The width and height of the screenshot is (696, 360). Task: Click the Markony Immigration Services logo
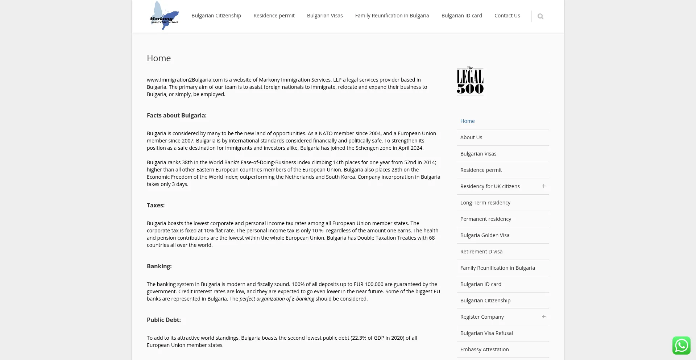pos(164,16)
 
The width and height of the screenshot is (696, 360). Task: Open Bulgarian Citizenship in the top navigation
pos(216,16)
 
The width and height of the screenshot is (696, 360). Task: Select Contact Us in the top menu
pos(507,16)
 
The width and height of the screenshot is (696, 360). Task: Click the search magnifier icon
pos(540,16)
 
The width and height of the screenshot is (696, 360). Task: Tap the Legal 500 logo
pos(470,81)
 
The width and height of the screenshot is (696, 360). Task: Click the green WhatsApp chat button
pos(681,345)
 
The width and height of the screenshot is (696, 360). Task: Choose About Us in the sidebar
pos(471,137)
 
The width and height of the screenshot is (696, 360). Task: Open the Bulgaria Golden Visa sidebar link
pos(485,235)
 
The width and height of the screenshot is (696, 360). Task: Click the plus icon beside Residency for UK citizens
pos(543,186)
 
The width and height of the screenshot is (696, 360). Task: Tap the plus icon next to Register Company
pos(543,316)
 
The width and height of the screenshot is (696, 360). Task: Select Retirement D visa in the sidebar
pos(481,252)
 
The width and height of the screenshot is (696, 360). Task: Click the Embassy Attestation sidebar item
pos(484,349)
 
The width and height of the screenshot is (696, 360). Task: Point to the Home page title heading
pos(159,58)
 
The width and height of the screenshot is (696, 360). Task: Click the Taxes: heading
pos(156,205)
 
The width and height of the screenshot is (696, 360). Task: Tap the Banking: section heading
pos(159,266)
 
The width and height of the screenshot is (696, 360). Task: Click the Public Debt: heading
pos(163,320)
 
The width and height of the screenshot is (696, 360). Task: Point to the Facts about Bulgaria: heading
pos(177,115)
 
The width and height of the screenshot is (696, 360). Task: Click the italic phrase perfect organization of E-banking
pos(277,299)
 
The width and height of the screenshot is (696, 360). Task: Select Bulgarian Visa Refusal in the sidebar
pos(486,333)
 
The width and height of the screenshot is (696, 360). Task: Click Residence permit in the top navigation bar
pos(274,16)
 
